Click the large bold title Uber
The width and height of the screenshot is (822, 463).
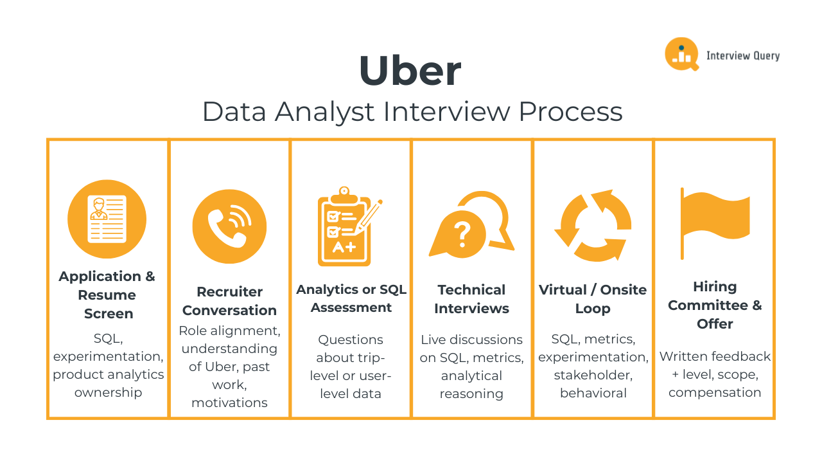pos(410,71)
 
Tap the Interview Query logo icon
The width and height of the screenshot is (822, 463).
pos(681,54)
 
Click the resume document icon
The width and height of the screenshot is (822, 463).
pos(107,219)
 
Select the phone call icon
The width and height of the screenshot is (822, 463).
pos(229,226)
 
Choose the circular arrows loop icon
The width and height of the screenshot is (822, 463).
pos(593,225)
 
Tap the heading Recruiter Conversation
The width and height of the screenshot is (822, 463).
pos(229,301)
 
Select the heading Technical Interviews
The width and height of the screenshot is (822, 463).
pos(471,299)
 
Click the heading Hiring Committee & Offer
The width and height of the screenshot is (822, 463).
pos(715,305)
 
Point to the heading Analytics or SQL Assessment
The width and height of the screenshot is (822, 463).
pos(351,298)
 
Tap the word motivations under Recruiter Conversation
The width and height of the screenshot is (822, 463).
pos(229,403)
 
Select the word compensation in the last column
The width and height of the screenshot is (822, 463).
pos(715,392)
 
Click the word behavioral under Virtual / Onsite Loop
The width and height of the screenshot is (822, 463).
pos(593,393)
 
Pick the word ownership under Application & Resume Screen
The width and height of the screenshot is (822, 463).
pos(108,392)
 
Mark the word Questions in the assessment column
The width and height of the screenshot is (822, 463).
pos(351,340)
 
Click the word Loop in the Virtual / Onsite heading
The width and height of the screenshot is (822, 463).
pos(593,309)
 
